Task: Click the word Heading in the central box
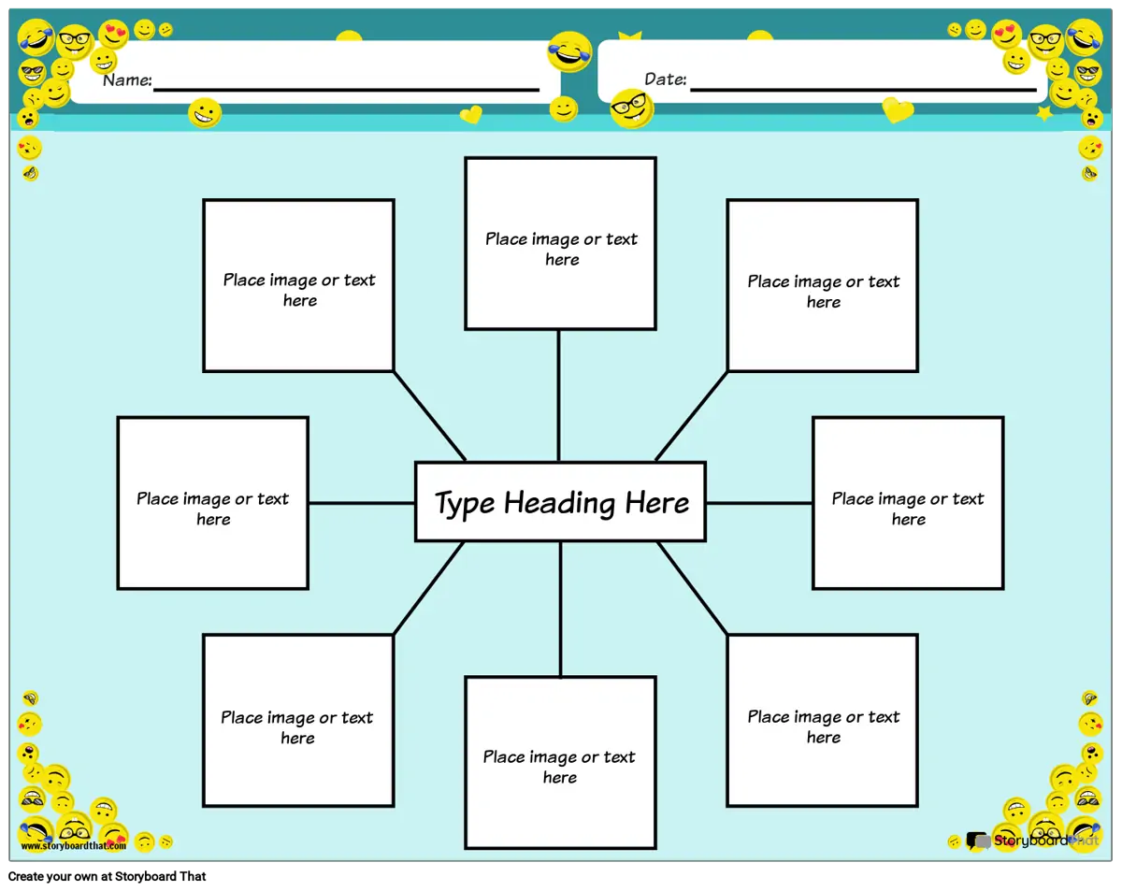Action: tap(560, 504)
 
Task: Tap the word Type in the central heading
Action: tap(465, 504)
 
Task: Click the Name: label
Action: tap(127, 80)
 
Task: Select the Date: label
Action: tap(666, 80)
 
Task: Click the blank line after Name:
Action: tap(346, 89)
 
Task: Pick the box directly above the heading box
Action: tap(560, 243)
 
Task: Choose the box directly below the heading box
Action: tap(560, 762)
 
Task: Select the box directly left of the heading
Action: tap(213, 503)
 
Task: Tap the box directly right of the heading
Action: tap(908, 503)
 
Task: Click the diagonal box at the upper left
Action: tap(298, 285)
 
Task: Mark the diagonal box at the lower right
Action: tap(823, 720)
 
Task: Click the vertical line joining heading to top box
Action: tap(559, 395)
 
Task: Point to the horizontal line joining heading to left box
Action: tap(362, 503)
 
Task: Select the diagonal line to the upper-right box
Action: tap(692, 415)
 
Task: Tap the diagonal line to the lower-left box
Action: tap(428, 589)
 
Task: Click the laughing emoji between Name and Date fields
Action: tap(569, 51)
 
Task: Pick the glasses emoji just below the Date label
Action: tap(632, 108)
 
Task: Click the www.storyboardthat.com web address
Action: tap(73, 846)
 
